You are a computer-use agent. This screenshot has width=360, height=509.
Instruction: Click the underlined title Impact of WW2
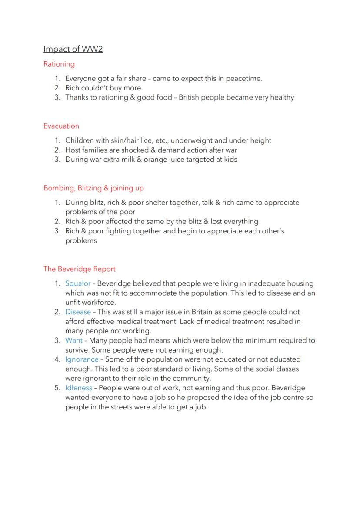coord(73,49)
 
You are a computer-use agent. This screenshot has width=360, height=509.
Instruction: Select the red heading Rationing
coord(59,64)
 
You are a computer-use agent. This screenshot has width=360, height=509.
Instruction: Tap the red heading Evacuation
coord(61,126)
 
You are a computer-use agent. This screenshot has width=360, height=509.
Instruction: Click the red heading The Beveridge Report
coord(80,269)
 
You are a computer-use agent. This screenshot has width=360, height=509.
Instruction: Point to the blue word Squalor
coord(78,283)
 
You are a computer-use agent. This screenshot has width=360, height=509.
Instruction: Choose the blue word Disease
coord(78,312)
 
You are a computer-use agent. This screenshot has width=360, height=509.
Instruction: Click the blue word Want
coord(73,340)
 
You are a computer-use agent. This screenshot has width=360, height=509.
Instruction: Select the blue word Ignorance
coord(82,359)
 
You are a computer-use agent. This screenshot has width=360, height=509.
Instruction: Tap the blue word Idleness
coord(79,388)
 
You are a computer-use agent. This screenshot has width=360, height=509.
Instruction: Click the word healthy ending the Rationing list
coord(282,97)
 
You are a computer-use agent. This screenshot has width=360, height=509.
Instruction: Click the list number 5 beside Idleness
coord(57,388)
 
